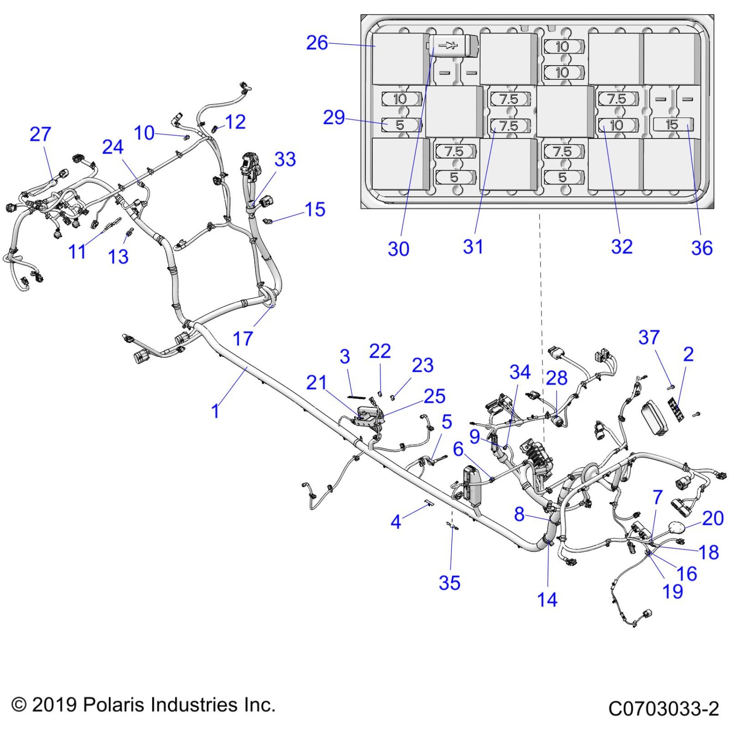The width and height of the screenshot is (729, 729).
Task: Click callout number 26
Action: [317, 43]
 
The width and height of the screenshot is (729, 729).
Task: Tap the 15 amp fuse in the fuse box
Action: [672, 124]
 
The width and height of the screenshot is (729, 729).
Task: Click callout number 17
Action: [243, 339]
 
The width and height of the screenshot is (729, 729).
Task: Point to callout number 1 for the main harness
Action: [215, 411]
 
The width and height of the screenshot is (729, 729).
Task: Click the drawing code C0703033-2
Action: [663, 708]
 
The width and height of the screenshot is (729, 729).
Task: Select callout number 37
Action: [649, 337]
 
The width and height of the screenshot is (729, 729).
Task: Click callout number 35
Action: [449, 583]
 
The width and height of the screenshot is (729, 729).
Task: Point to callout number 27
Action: [40, 134]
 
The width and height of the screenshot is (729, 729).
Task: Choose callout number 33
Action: [285, 159]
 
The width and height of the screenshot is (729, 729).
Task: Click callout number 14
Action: [547, 599]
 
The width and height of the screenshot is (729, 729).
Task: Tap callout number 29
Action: [334, 117]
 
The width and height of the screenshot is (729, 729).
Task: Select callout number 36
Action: [702, 248]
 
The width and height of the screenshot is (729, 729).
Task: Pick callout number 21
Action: [316, 382]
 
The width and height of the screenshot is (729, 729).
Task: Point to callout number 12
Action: [235, 122]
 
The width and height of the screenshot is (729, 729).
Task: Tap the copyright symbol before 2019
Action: [19, 705]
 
